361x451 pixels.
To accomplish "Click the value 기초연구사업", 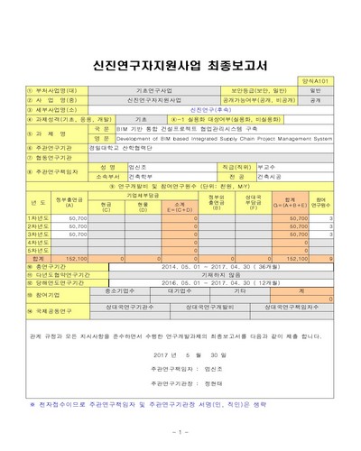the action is (149, 90).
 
